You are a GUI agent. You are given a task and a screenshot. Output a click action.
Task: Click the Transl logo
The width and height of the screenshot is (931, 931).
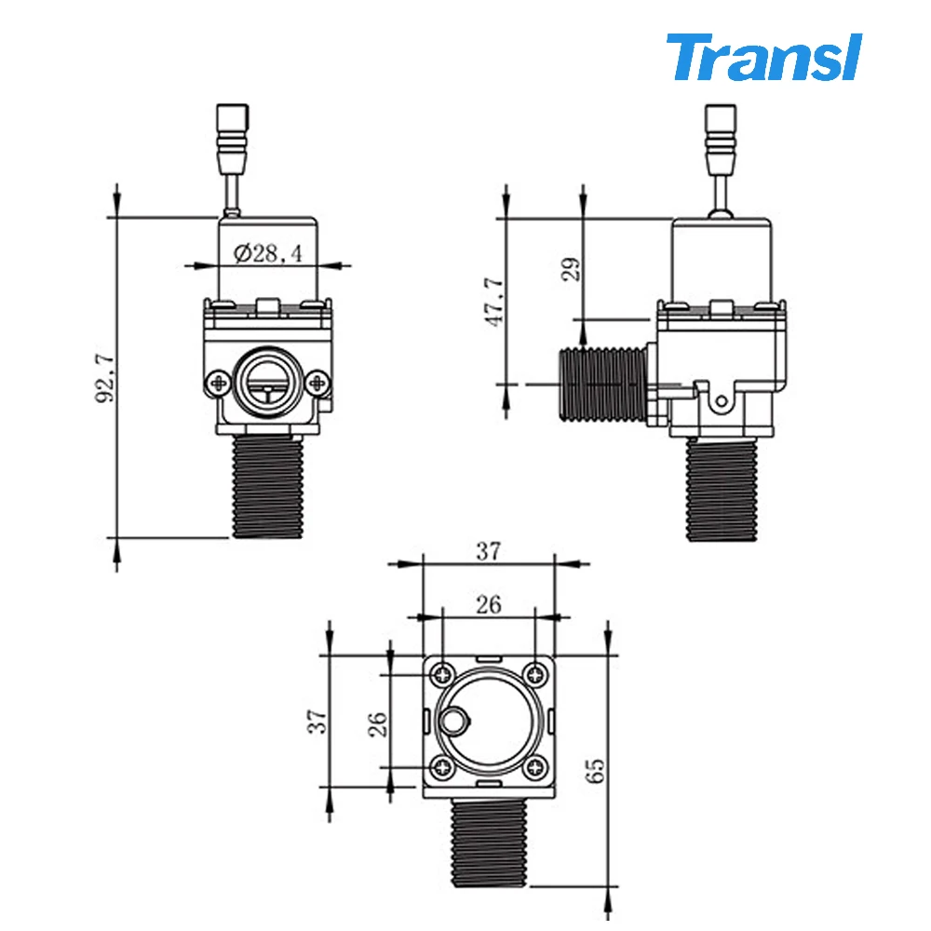[x=763, y=58]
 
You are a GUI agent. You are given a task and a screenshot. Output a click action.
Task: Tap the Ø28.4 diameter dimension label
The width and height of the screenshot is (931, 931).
[x=269, y=253]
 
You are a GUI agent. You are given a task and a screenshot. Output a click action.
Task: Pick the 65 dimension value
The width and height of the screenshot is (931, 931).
[x=596, y=768]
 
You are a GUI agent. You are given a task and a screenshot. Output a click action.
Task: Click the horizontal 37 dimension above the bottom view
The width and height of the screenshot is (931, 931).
[x=488, y=550]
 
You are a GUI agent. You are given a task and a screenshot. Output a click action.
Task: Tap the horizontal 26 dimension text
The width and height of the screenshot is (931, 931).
[x=488, y=604]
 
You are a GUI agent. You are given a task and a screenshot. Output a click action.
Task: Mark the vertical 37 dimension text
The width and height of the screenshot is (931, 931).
[x=319, y=719]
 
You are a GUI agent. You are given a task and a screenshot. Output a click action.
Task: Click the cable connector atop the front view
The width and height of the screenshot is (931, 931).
[x=231, y=136]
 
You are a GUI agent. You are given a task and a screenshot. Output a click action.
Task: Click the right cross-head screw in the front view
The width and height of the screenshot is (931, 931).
[x=318, y=381]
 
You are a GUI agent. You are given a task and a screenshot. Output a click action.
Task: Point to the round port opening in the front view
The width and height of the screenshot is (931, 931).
[x=268, y=381]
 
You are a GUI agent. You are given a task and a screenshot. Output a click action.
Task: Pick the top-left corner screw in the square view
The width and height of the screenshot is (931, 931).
[x=441, y=673]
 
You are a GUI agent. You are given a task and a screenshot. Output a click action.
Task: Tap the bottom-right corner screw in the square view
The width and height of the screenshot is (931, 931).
[x=535, y=767]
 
